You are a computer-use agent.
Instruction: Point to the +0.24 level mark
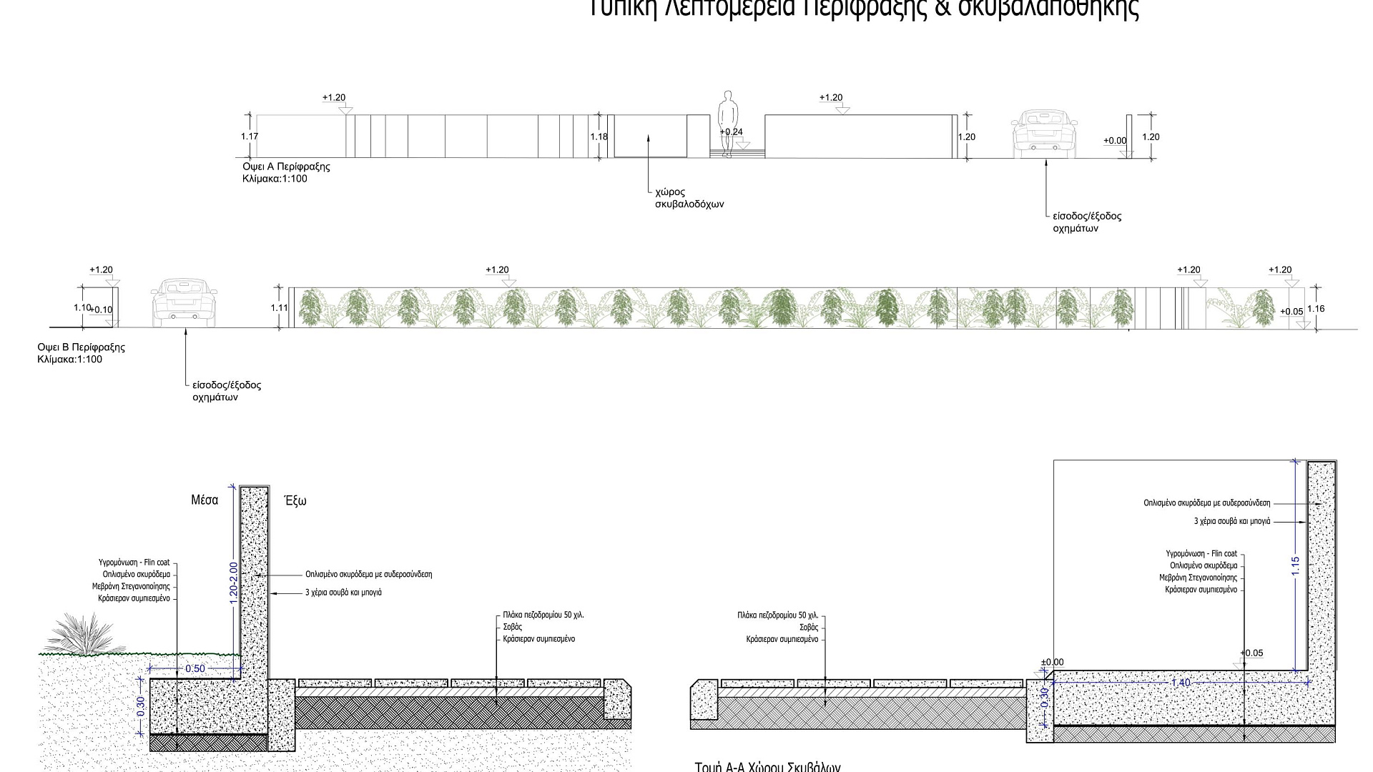coord(731,132)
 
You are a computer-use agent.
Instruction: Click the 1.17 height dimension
coord(250,137)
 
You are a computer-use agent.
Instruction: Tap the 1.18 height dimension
coord(599,137)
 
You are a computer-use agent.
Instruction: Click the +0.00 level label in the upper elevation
coord(1115,141)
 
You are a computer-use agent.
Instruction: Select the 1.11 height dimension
coord(279,308)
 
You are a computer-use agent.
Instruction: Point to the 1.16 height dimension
coord(1316,309)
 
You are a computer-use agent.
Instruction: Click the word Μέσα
coord(205,500)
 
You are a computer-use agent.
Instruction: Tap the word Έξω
coord(295,501)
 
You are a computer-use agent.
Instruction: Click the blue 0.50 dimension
coord(195,669)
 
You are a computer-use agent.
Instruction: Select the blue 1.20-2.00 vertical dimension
coord(234,583)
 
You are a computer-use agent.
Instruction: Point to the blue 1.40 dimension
coord(1181,683)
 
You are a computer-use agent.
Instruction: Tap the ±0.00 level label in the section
coord(1052,663)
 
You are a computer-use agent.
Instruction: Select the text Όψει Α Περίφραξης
coord(286,167)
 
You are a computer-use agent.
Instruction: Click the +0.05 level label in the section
coord(1251,653)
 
